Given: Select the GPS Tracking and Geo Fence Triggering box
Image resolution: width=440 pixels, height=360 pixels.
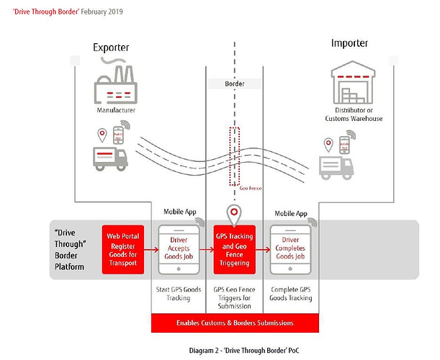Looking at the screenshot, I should click(x=235, y=248).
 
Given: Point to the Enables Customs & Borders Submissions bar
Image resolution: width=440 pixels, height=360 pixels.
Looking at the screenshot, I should click(x=235, y=323).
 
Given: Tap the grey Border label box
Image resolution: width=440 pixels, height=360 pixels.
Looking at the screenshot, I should click(x=234, y=84).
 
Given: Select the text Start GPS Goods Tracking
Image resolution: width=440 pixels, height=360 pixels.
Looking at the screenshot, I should click(x=177, y=294).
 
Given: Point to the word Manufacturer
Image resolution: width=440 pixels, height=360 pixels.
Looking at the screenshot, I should click(x=116, y=110).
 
